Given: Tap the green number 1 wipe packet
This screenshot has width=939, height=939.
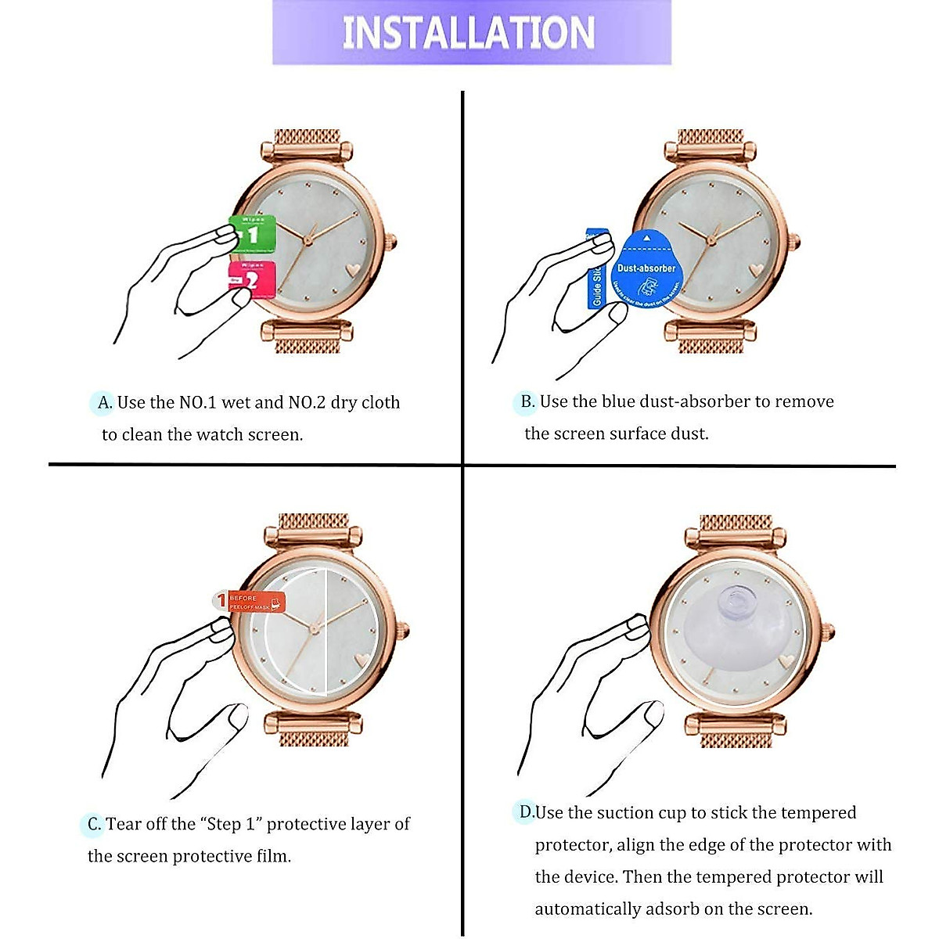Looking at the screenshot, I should tap(252, 233).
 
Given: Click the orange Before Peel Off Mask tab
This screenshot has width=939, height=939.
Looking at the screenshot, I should tap(250, 602).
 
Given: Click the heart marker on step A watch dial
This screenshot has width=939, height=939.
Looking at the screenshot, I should tap(352, 268).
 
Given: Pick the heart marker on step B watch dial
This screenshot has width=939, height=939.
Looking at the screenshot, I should tap(755, 268).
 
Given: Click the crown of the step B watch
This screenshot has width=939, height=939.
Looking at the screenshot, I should tap(797, 241).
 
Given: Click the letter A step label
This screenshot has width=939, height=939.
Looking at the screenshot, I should tap(104, 403).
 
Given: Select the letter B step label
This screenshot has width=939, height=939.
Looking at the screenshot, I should tap(527, 401).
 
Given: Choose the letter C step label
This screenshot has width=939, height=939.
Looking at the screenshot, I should tap(93, 824).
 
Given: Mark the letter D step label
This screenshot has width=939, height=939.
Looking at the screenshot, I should tap(527, 812).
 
